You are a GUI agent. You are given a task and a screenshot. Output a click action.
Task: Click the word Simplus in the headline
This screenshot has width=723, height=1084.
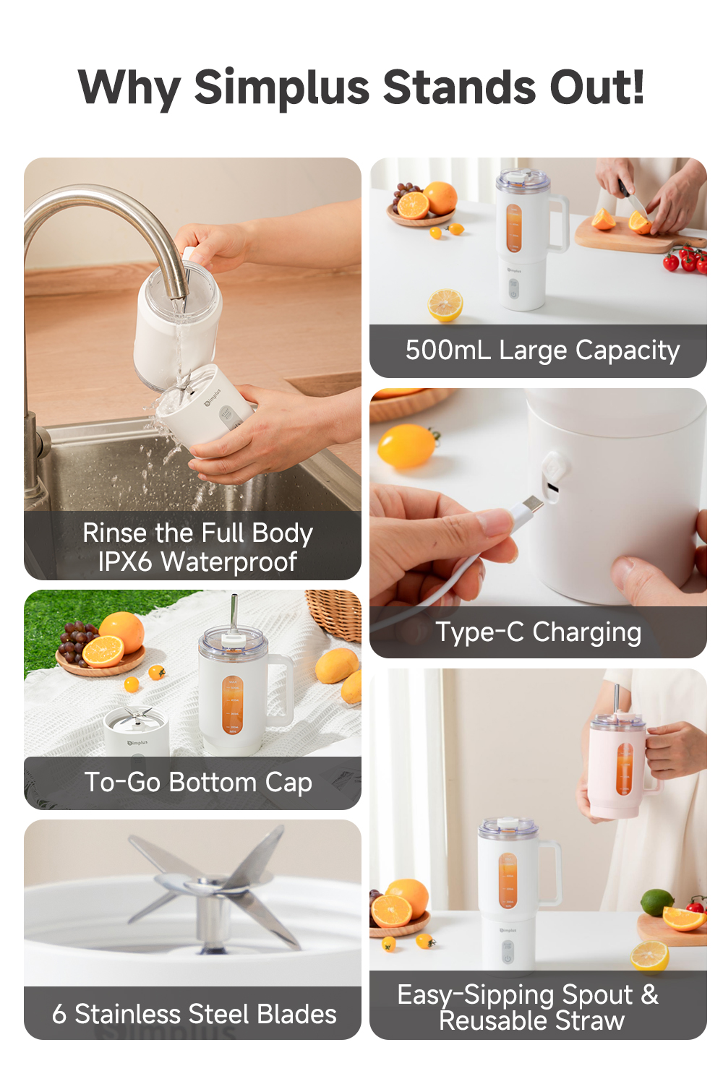click(x=282, y=87)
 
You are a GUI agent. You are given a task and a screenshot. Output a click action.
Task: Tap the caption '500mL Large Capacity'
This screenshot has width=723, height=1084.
click(x=542, y=350)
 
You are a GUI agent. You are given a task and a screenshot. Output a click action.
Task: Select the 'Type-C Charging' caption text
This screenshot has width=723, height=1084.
click(x=538, y=632)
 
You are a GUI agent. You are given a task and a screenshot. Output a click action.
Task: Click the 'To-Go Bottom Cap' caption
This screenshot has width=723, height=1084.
click(x=198, y=783)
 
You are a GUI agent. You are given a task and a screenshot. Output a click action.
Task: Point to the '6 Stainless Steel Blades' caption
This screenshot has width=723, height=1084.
click(x=194, y=1014)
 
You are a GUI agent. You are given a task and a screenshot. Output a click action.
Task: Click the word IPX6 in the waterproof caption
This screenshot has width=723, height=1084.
click(x=127, y=562)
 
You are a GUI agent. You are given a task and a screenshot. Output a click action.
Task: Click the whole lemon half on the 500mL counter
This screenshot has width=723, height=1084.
click(x=445, y=304)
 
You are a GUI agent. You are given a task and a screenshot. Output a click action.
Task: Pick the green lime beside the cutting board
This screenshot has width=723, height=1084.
click(x=656, y=902)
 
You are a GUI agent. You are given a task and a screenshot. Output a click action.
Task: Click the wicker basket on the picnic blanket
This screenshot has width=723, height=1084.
click(x=336, y=614)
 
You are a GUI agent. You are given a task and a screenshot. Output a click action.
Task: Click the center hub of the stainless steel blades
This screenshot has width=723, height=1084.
click(x=211, y=892)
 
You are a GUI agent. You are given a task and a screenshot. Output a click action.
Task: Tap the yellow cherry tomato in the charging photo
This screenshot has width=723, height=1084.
click(x=406, y=445)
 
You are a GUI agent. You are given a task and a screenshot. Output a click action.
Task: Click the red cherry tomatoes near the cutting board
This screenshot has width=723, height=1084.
click(x=685, y=259)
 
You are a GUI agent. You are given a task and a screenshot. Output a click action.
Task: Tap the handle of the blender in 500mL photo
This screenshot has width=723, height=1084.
click(x=559, y=224)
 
